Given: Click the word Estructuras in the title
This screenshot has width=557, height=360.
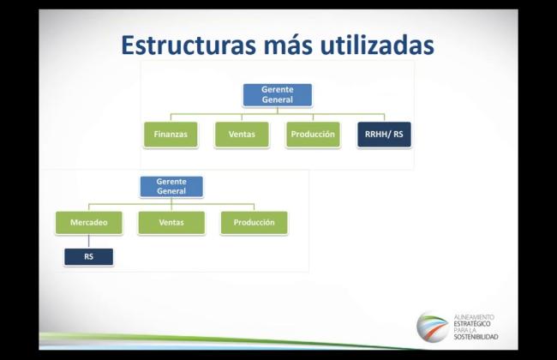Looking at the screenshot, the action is click(189, 45).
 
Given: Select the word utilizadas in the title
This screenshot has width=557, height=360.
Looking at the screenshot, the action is click(377, 45).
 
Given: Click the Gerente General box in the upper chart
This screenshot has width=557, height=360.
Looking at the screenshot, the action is click(278, 95).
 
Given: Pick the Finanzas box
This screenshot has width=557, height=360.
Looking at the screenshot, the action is click(171, 135).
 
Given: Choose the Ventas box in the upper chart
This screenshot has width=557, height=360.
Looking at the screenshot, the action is click(242, 135).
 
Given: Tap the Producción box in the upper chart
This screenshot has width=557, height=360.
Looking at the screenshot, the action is click(313, 135).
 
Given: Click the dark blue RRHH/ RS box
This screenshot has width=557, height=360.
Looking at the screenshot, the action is click(384, 135).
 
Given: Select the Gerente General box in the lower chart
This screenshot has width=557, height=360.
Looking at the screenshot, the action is click(171, 187).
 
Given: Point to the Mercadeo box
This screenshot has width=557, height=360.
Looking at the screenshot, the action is click(89, 223).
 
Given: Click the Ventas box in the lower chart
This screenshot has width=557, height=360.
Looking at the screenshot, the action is click(171, 223).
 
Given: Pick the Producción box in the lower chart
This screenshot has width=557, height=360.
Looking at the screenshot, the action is click(254, 223).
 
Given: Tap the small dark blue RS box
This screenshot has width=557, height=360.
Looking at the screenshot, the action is click(89, 256).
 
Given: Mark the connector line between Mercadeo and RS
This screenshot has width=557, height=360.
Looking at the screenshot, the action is click(89, 242).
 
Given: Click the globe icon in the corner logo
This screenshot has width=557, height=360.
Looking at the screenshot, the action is click(432, 327).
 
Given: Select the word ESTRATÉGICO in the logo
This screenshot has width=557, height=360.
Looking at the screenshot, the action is click(472, 324).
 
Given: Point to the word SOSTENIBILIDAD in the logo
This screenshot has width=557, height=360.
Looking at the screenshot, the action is click(476, 337).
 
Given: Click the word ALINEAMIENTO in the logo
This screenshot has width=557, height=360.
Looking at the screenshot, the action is click(474, 317).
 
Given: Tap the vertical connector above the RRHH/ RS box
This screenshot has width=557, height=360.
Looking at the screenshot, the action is click(384, 117).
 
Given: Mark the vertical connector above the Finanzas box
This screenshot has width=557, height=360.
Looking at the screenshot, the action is click(171, 117).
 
